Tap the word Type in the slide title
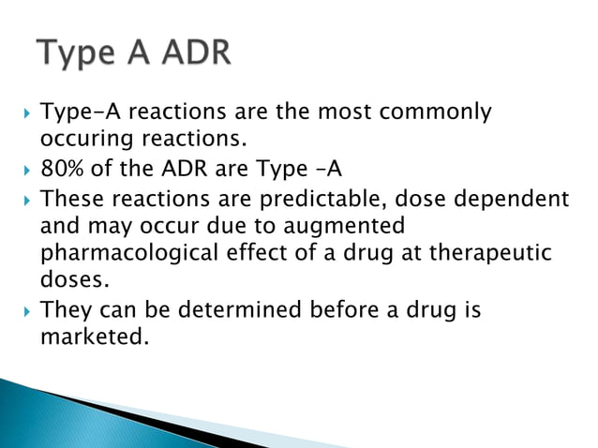tap(76, 52)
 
